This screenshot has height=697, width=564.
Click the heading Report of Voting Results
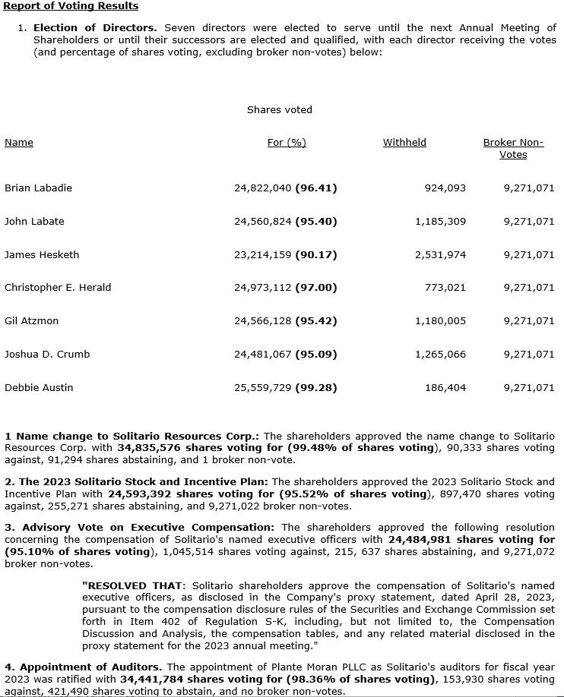71,6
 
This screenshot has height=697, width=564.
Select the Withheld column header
404,143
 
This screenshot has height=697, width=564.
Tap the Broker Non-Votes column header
513,148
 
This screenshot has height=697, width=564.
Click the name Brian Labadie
38,188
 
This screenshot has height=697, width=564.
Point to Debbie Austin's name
39,387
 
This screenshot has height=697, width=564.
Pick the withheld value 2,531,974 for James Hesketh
440,254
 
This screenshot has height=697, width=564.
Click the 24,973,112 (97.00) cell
285,287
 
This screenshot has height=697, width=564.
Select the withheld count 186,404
445,387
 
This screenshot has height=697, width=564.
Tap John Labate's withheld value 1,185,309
440,221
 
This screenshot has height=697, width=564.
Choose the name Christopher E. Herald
58,287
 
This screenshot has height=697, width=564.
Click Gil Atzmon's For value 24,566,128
263,320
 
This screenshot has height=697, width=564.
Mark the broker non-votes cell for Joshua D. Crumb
528,354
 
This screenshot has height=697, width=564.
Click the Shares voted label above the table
279,109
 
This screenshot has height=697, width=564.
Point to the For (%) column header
287,143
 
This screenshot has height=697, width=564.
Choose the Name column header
19,143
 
